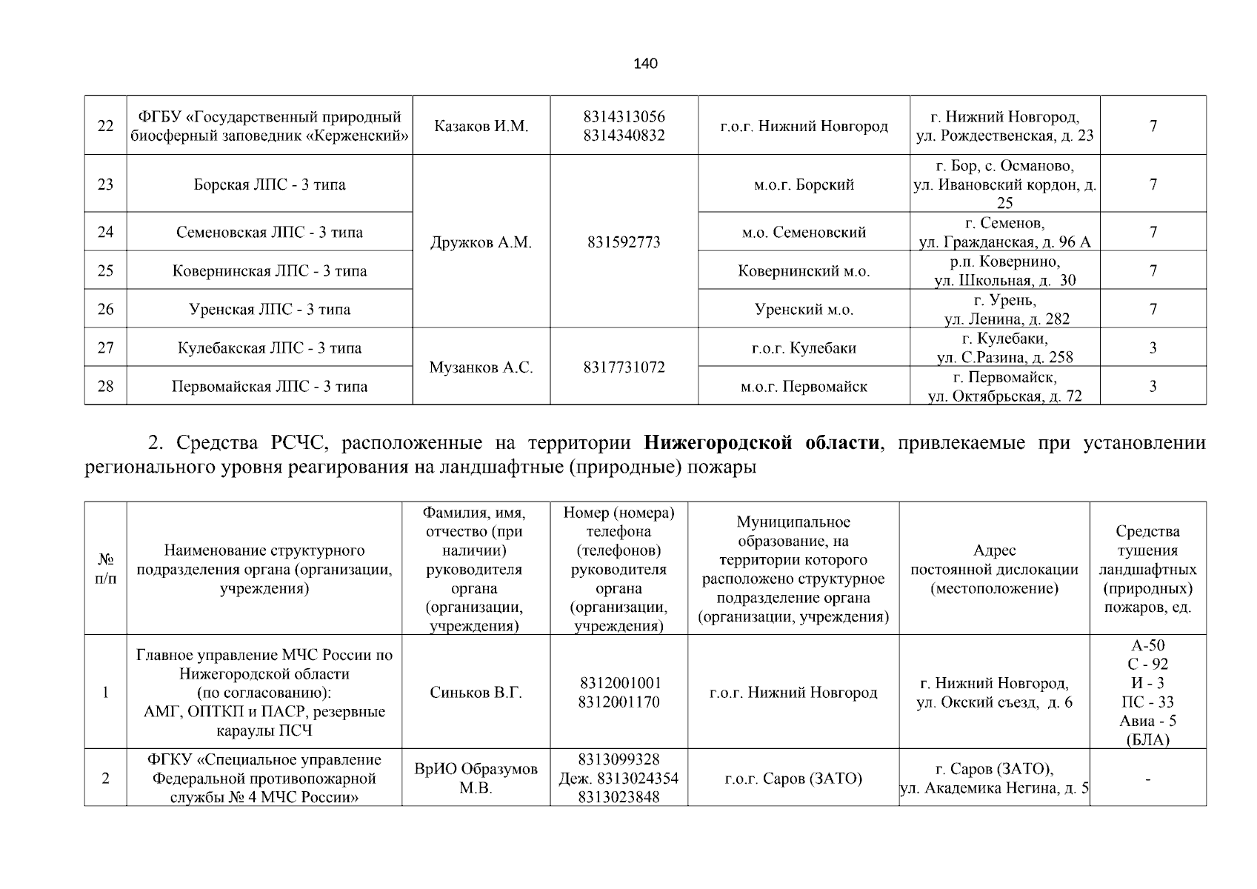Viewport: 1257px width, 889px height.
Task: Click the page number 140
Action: point(645,64)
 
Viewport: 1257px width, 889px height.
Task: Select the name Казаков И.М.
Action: point(481,126)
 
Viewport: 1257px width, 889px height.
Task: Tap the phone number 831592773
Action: point(624,242)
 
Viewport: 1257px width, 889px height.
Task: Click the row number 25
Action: point(105,270)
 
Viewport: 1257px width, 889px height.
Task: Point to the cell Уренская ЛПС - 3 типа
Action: point(270,309)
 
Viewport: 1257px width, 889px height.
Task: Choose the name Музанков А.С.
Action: point(481,367)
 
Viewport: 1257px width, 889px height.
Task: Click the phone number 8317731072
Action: point(624,367)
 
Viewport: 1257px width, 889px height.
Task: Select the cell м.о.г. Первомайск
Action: point(804,386)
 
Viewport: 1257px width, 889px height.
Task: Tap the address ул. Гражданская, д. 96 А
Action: point(1004,242)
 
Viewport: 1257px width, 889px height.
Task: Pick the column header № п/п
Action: point(105,569)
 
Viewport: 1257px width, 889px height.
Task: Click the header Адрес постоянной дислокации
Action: point(994,569)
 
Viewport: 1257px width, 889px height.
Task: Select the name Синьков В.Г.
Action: point(476,693)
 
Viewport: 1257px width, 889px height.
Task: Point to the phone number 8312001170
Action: point(619,702)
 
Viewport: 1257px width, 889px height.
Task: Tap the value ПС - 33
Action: point(1147,702)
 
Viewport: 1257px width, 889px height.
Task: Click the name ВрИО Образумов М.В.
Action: point(476,778)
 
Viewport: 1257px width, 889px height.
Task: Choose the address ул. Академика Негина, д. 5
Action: point(994,788)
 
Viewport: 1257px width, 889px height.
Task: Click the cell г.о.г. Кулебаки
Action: point(804,348)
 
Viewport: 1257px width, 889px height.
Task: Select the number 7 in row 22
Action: point(1153,126)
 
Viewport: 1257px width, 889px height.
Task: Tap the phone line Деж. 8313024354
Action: point(619,779)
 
